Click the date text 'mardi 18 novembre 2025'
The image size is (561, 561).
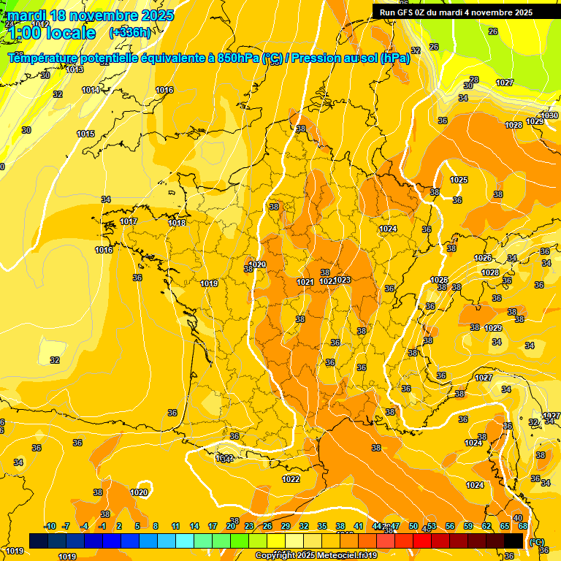91,15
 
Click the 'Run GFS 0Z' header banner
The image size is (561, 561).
456,12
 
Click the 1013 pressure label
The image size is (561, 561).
75,69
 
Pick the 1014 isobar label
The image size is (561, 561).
91,90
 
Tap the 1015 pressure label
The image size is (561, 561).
85,134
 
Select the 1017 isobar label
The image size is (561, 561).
129,221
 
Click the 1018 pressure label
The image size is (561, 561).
177,223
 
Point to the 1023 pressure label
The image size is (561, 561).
343,280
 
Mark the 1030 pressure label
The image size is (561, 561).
549,115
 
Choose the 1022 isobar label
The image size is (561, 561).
291,479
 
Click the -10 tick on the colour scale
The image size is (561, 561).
50,526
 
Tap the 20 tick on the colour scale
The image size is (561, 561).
230,526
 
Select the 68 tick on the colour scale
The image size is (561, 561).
523,526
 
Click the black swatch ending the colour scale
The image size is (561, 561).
513,541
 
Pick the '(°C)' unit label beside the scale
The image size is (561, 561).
536,541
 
